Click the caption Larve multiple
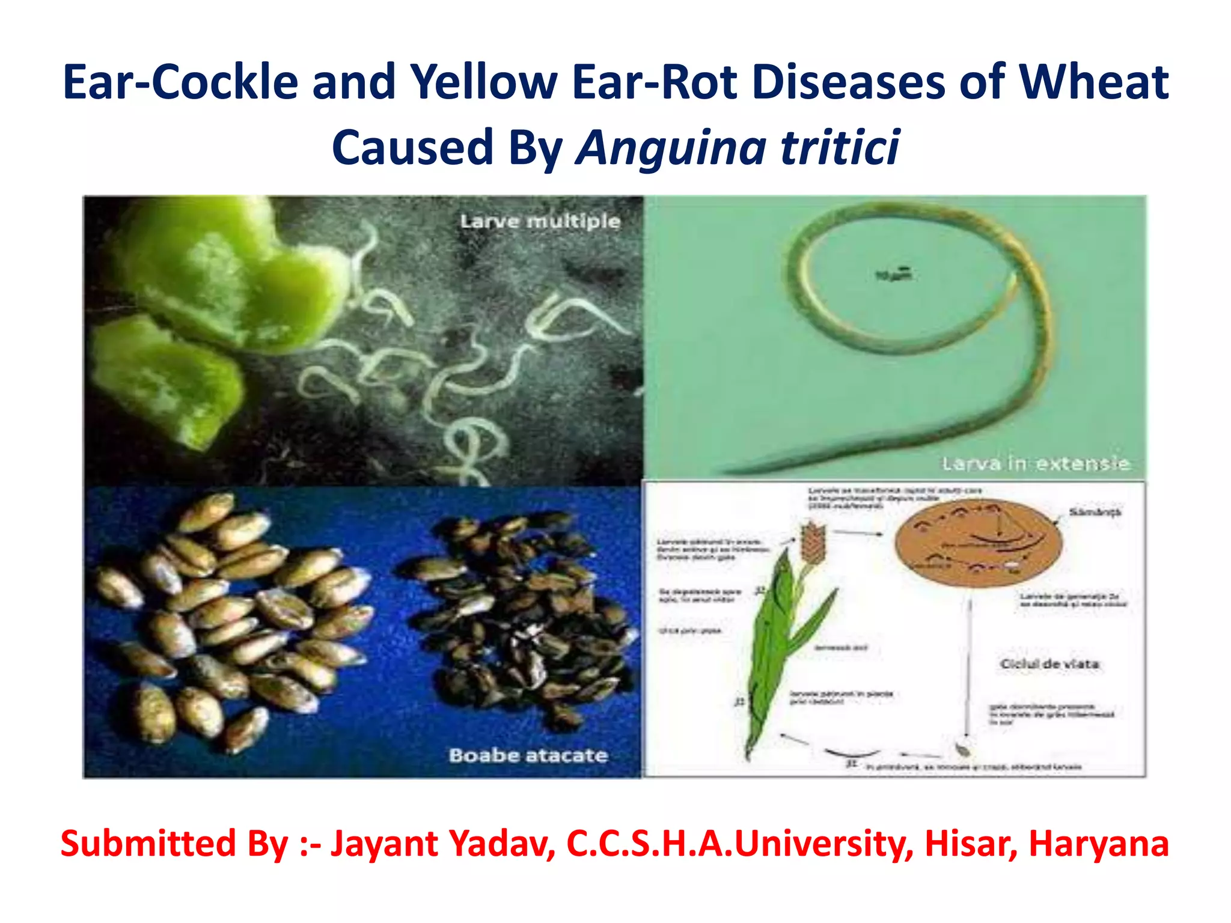[x=540, y=221]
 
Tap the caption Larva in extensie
[x=1035, y=463]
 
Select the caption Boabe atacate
[x=528, y=755]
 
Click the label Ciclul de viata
[x=1049, y=663]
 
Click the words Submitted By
[x=174, y=844]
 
